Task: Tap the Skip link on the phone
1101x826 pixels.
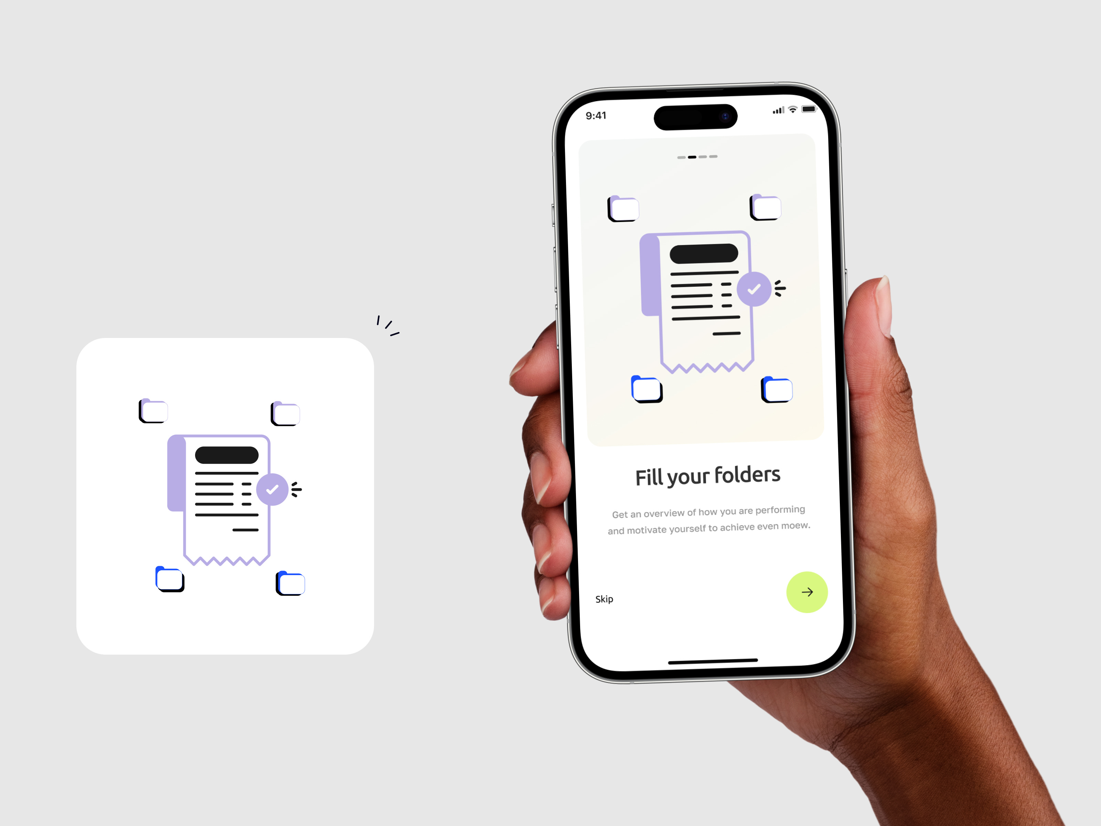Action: coord(604,599)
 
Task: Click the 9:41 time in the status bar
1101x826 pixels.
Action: coord(596,116)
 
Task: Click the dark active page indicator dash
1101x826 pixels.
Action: coord(692,157)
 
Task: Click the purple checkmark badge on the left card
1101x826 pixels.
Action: coord(272,489)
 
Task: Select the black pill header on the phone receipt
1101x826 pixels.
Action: coord(704,253)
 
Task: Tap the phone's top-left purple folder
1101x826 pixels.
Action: coord(623,209)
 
